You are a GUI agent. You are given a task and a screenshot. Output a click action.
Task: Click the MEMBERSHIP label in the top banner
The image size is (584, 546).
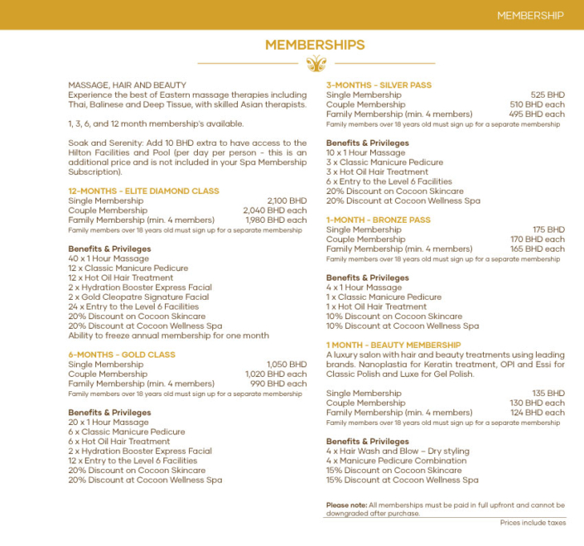[530, 15]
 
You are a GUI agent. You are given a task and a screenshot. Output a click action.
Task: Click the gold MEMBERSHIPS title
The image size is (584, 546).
[315, 45]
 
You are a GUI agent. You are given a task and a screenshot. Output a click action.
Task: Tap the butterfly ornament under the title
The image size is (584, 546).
[316, 63]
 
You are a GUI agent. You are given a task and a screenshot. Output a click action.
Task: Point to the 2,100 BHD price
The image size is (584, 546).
[287, 201]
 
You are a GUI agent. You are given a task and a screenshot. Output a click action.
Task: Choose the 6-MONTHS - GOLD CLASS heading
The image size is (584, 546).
[122, 355]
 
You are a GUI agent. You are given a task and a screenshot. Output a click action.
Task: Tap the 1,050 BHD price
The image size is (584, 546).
[287, 365]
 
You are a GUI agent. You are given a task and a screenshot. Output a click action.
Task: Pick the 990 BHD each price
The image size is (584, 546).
[280, 384]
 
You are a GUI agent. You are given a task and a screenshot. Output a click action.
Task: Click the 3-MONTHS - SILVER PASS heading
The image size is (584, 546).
[379, 85]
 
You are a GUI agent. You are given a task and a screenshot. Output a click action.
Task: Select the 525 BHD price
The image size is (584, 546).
[548, 95]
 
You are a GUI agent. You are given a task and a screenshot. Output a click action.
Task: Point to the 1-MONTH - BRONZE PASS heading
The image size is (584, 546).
[379, 220]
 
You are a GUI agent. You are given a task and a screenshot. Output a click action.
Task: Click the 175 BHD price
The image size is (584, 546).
[548, 230]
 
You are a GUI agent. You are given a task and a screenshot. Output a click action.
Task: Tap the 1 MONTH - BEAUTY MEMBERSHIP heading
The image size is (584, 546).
[393, 345]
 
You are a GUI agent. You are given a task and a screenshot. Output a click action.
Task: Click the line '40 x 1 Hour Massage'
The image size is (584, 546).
[109, 259]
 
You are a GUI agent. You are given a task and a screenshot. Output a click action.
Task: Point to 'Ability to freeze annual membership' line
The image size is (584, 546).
[168, 336]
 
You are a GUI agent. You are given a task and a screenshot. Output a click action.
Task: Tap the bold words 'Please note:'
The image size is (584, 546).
[346, 505]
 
